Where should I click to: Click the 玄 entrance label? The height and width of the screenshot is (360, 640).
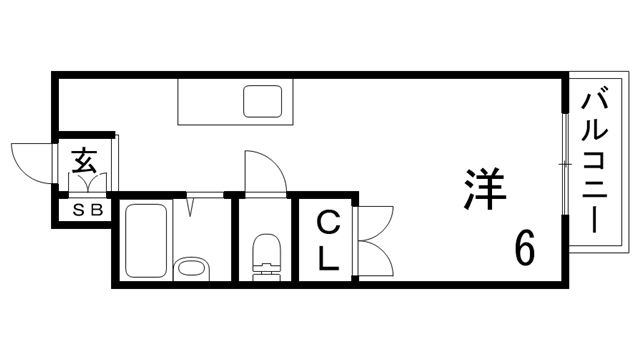tap(85, 160)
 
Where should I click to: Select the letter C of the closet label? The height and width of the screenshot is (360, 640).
tap(328, 221)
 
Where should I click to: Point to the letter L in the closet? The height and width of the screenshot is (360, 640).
tap(328, 258)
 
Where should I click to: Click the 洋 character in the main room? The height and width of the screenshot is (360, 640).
tap(484, 188)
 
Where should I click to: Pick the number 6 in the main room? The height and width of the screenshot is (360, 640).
tap(524, 246)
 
